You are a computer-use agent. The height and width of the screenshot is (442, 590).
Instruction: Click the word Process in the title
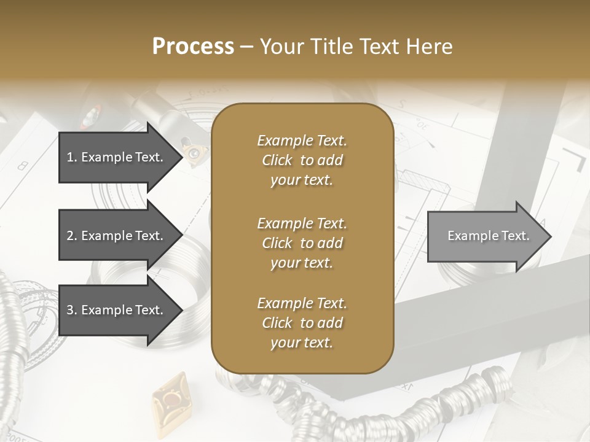(193, 47)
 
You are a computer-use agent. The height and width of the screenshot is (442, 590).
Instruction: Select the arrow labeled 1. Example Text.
(117, 157)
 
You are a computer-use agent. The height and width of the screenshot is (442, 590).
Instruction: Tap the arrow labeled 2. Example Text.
(117, 236)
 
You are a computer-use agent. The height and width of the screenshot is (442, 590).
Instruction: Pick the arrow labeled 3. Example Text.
(117, 310)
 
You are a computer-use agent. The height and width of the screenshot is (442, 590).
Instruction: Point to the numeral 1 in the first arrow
(70, 157)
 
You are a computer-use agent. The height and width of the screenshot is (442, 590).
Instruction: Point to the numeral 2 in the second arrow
(70, 236)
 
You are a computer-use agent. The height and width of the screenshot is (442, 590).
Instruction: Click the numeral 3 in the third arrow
(70, 310)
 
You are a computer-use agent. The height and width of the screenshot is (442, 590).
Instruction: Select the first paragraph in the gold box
(302, 160)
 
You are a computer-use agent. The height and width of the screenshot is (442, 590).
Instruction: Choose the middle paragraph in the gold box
(302, 243)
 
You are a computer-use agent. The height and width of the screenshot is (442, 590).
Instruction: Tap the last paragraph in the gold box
(302, 323)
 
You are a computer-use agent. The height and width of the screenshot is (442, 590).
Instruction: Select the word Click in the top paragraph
(277, 160)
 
